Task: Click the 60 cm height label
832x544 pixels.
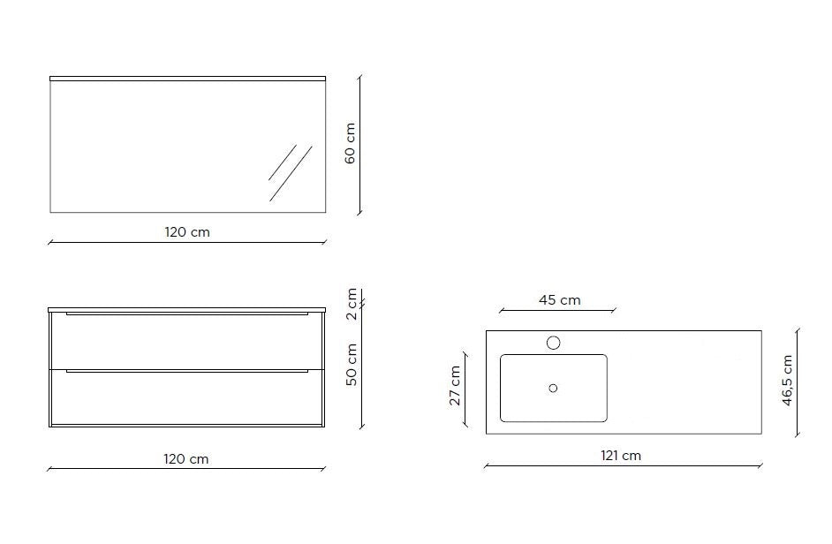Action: (351, 143)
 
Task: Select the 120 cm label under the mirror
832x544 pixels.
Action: (187, 232)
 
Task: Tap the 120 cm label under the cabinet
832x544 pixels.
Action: (186, 459)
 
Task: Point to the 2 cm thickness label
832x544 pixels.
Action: (352, 304)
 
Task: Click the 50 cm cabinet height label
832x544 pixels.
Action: (352, 365)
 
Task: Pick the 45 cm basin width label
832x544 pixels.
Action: (560, 300)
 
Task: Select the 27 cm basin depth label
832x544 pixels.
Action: (455, 386)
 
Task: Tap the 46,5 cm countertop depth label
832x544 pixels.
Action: (788, 381)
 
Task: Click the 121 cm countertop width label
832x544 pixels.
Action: (621, 456)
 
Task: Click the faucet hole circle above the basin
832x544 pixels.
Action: (554, 343)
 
